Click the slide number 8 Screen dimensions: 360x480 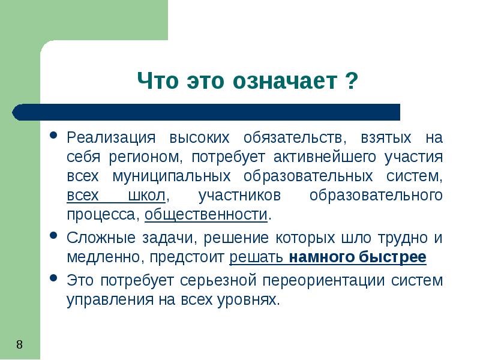(19, 344)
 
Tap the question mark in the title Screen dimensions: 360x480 (352, 80)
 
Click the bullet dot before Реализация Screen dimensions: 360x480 (54, 135)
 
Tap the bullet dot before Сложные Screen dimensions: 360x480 (54, 235)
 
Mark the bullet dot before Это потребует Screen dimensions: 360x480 (54, 278)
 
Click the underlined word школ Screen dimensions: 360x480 (148, 196)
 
